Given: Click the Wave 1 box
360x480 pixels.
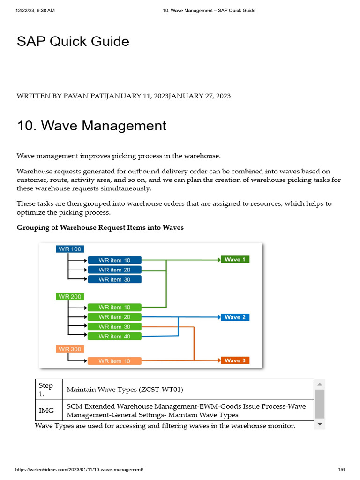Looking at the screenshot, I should click(235, 259).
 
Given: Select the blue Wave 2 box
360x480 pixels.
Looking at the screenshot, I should click(235, 317).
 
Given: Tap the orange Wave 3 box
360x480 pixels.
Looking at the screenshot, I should click(235, 360).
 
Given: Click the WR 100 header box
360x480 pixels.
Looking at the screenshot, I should click(70, 249).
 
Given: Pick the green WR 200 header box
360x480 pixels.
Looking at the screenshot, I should click(70, 297).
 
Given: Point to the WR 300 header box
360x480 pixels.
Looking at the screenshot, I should click(70, 349).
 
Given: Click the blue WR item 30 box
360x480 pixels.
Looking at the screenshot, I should click(114, 279).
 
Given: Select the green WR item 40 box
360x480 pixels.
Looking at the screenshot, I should click(114, 336).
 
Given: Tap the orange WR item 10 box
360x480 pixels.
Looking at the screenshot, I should click(114, 361).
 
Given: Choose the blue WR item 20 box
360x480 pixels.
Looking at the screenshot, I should click(114, 270).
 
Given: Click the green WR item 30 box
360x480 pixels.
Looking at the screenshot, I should click(114, 327).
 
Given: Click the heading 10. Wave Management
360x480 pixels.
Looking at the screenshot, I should click(91, 126).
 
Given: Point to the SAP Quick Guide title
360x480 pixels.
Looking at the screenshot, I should click(73, 41).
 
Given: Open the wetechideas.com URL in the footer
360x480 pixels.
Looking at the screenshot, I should click(80, 470).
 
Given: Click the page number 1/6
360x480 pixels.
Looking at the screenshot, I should click(341, 470).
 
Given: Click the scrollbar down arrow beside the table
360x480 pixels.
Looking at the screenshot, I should click(320, 424).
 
